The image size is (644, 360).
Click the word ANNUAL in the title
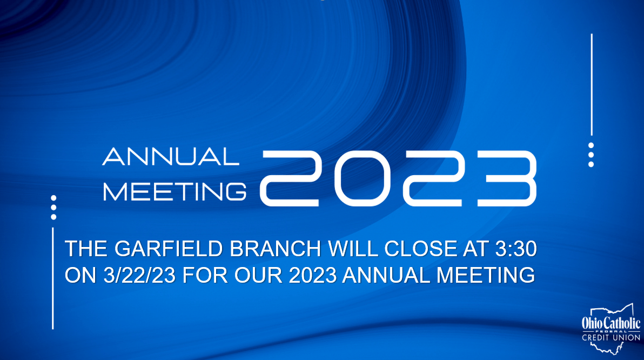pos(171,157)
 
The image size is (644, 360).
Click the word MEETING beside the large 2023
pos(175,192)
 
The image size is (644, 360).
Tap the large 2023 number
pos(398,178)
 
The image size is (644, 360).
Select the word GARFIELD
pos(169,249)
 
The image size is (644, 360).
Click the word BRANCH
pos(275,249)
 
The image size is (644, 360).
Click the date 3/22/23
pos(139,275)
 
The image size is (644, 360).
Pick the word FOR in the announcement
pos(205,275)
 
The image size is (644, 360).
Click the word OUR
pos(258,275)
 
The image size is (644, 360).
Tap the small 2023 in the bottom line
pos(313,275)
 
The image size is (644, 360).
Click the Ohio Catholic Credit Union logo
pos(611,329)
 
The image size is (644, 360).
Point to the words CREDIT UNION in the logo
pos(611,337)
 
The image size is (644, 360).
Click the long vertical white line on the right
pos(592,85)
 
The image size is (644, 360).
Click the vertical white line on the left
pos(53,278)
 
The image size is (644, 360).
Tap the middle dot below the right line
pos(591,155)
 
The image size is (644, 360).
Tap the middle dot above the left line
pos(53,208)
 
